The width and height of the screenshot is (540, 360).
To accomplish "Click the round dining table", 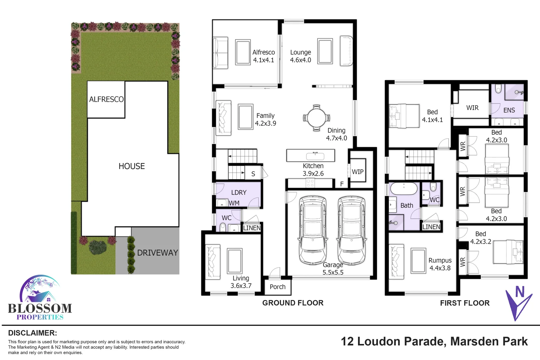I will pos(316,118).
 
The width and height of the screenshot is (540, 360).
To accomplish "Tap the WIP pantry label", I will pos(358,172).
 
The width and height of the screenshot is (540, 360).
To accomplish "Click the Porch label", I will pos(277,287).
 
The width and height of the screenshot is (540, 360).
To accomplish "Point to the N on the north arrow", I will pos(520,292).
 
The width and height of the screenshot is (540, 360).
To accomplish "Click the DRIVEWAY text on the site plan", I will pos(157,253).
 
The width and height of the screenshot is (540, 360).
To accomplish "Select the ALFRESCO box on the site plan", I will pos(106,99).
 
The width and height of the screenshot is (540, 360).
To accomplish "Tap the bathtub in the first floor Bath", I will pos(404,189).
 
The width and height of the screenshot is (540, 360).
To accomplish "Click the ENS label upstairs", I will pos(509,110).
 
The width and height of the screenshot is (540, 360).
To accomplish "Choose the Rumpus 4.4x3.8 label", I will pos(440,264).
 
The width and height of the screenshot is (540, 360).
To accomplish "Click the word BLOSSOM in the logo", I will pos(40,308).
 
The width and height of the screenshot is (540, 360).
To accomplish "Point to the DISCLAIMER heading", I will pos(32,333).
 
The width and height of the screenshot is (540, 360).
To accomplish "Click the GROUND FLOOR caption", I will pos(293,303).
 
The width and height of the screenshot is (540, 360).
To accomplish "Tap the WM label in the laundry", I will pos(234,203).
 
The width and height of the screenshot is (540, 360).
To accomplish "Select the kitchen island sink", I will pos(315,155).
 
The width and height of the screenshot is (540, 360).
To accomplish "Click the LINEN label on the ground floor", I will pos(252,228).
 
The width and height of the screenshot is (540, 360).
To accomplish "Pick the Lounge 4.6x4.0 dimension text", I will pos(300,60).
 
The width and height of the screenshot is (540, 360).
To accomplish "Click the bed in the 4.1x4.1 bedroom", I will pos(404,116).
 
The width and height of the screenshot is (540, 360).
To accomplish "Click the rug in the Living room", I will pos(235,261).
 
